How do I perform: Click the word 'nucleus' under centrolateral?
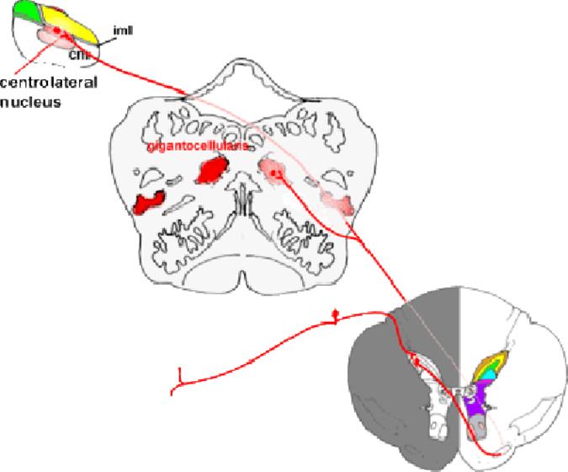point(28,99)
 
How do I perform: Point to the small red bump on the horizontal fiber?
point(336,315)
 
